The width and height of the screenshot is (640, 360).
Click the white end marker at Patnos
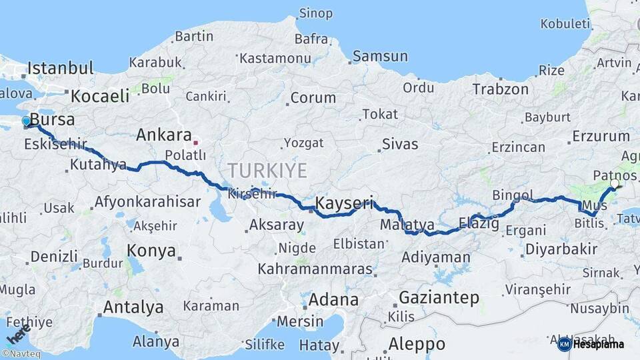614,183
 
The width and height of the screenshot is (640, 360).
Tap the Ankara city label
164,135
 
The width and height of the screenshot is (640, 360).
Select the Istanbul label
60,68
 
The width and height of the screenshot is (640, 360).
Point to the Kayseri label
344,202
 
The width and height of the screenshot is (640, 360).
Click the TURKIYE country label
267,171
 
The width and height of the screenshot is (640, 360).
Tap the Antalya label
133,307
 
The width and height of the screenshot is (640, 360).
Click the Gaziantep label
439,297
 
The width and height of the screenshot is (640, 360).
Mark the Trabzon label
500,89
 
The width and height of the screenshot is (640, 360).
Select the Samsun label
380,56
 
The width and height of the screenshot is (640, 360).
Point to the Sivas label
400,144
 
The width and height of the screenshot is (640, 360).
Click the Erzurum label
601,137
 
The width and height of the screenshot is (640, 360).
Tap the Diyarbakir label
561,249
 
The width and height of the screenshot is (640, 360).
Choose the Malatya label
407,225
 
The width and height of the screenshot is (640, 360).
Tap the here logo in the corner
19,333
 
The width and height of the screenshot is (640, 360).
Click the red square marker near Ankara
195,142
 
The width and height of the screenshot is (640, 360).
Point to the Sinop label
315,13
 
